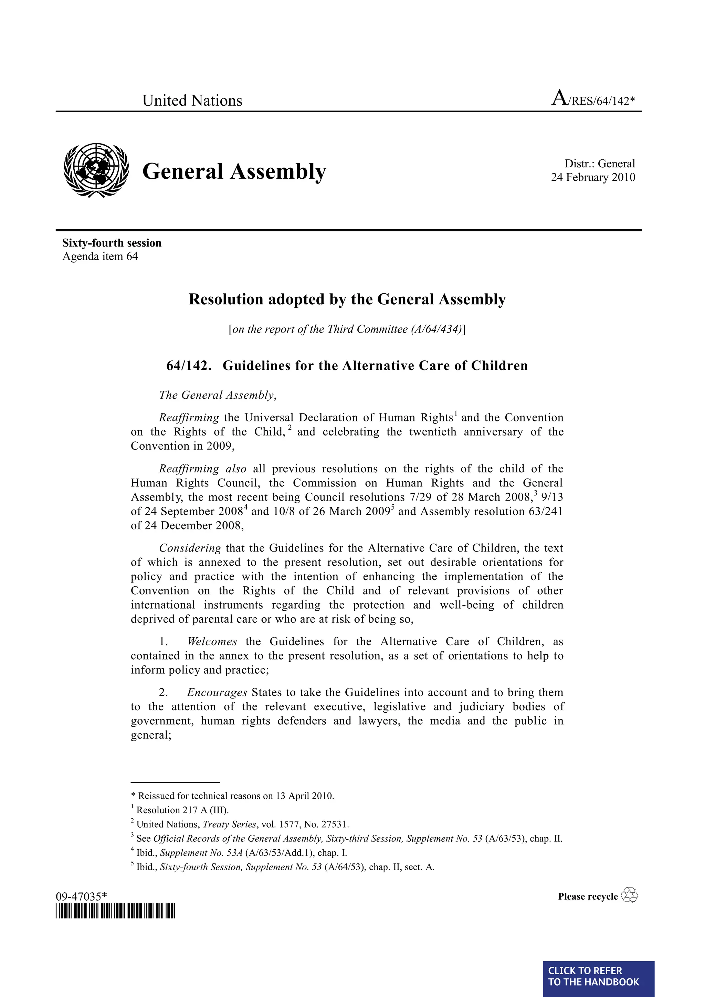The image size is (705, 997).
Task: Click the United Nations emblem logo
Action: click(x=96, y=170)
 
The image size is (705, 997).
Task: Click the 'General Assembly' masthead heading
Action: click(x=234, y=171)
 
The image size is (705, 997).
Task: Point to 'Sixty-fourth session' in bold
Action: click(x=112, y=243)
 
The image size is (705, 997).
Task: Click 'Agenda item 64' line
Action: click(x=100, y=256)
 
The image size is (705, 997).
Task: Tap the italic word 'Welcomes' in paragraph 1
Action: click(x=212, y=642)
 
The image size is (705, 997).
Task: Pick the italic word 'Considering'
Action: click(x=190, y=548)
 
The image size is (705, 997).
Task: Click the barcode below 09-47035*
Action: click(x=115, y=911)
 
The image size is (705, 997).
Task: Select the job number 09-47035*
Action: click(x=81, y=896)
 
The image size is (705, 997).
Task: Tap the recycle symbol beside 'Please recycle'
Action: click(x=630, y=895)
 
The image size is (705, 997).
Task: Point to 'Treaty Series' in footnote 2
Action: click(x=230, y=824)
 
